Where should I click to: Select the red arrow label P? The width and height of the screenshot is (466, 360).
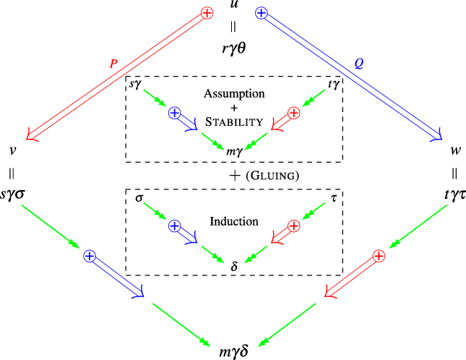(x=113, y=63)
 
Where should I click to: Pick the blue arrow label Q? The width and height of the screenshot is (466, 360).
(x=358, y=63)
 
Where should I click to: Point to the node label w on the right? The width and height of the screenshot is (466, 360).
(x=454, y=153)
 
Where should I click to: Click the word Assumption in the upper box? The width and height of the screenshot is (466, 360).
(x=233, y=94)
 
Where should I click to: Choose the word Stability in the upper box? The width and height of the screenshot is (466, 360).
(x=233, y=121)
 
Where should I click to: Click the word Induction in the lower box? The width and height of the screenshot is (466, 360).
(x=233, y=220)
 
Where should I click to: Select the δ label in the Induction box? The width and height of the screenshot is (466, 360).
(x=233, y=265)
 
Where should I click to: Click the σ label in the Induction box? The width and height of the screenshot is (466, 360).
(x=139, y=197)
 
